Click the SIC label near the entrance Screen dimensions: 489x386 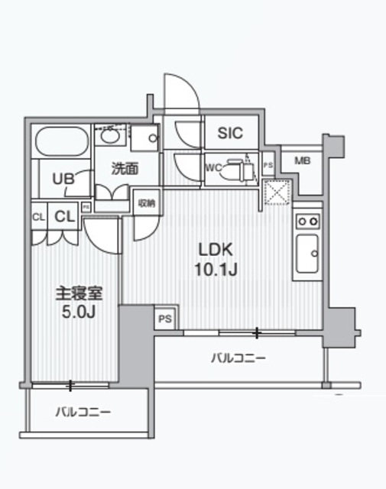coord(229,133)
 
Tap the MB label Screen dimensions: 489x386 coord(303,160)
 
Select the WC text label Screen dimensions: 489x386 coord(213,168)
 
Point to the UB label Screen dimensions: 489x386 coord(63,178)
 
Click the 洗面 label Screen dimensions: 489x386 coord(125,169)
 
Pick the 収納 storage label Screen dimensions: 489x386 coord(145,203)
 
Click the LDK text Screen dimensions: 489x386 coord(215,250)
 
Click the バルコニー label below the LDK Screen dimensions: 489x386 coord(239,358)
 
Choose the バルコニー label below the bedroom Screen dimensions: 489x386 coord(83,412)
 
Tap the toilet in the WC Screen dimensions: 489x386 coord(244,169)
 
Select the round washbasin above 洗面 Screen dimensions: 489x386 coord(109,137)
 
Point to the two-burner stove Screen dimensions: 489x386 coord(307,221)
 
